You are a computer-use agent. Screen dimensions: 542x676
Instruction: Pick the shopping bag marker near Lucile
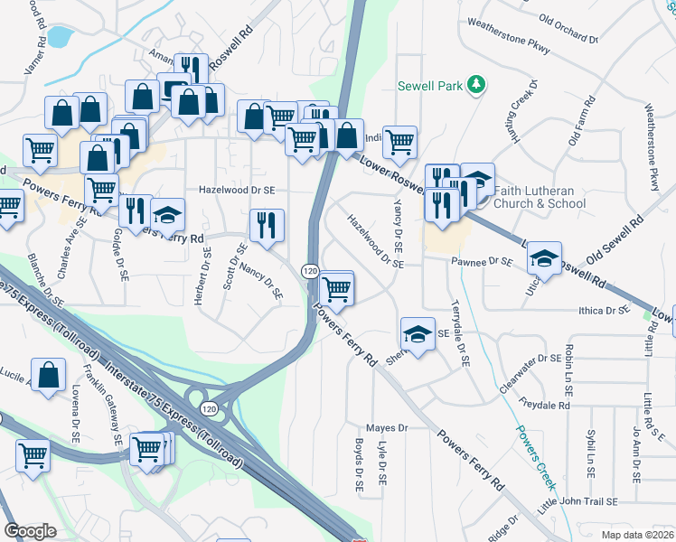click(x=48, y=375)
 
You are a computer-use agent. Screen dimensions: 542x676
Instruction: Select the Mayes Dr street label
click(x=387, y=427)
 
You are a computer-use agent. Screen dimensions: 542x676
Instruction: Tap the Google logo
click(x=30, y=531)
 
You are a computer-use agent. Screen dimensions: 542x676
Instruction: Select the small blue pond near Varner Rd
click(x=59, y=37)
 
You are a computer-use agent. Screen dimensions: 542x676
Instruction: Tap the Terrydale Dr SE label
click(x=461, y=332)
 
